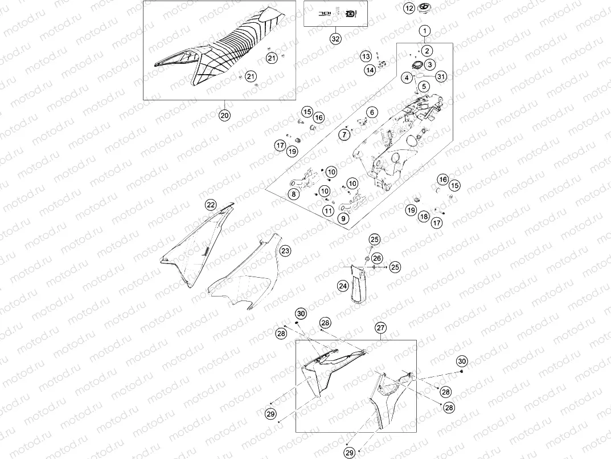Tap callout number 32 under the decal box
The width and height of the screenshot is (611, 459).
(x=335, y=39)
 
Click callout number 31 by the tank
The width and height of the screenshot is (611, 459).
(x=441, y=76)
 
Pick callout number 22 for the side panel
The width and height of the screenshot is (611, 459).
(x=211, y=205)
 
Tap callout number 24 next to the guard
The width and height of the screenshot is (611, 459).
(x=342, y=286)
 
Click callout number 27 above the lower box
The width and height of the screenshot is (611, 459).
(x=380, y=328)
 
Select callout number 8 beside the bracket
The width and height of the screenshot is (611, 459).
(x=293, y=194)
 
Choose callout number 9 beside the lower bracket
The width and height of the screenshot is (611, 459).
(x=343, y=218)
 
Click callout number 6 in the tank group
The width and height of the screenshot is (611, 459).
(x=372, y=113)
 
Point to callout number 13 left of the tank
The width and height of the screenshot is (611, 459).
(x=366, y=56)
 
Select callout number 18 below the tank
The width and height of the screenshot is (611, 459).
(x=424, y=217)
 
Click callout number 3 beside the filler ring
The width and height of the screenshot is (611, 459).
(x=430, y=64)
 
